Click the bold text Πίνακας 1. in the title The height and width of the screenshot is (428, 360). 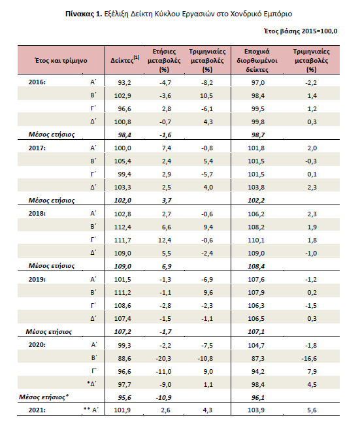(x=84, y=14)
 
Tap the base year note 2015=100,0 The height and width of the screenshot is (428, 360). (x=319, y=31)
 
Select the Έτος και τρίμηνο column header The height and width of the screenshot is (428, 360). (x=61, y=61)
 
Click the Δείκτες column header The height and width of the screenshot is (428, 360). (x=125, y=59)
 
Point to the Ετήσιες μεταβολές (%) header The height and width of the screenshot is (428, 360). (x=164, y=60)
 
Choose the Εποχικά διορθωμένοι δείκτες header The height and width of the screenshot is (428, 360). (x=257, y=60)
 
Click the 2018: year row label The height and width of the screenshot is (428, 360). (x=37, y=214)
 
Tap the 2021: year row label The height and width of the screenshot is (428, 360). (x=37, y=410)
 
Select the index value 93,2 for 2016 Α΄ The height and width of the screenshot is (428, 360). (x=124, y=83)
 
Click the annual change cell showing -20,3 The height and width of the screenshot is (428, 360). (x=163, y=358)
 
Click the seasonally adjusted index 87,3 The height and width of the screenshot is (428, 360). (x=258, y=358)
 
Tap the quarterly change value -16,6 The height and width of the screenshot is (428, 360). (x=309, y=358)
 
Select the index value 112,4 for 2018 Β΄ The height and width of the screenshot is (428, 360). (x=123, y=227)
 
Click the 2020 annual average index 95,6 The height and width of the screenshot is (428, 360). (x=124, y=398)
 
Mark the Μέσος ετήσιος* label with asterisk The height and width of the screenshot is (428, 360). (x=44, y=397)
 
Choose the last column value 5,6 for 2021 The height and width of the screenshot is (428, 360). (x=312, y=410)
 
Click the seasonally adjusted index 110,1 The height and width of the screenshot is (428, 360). (x=256, y=240)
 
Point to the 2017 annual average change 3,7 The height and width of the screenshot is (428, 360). (x=167, y=201)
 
